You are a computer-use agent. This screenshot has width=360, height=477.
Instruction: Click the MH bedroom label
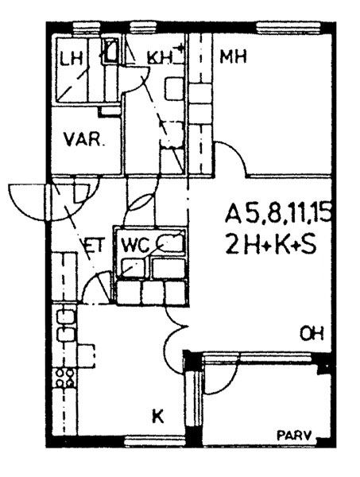point(233,57)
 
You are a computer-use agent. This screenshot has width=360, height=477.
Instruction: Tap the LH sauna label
point(72,59)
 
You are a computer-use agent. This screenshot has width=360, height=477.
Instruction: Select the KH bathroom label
point(160,57)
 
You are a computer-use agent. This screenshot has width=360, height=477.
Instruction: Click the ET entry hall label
point(95,245)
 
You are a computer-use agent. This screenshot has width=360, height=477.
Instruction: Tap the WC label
point(136,245)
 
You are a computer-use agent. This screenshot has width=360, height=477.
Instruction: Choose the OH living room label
point(312,334)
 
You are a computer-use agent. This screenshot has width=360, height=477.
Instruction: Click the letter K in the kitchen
point(158,417)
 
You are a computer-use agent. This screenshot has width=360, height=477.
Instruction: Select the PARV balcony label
point(294,436)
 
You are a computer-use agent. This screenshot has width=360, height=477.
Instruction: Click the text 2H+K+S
point(271,245)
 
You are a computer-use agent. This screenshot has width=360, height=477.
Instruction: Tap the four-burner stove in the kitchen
point(65,378)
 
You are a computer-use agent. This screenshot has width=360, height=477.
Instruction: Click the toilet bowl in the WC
point(171,242)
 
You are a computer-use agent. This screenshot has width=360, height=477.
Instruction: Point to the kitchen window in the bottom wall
point(155,440)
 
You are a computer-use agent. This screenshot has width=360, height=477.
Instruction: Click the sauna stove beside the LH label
point(110,51)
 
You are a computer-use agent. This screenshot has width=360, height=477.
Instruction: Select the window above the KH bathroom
point(143,27)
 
